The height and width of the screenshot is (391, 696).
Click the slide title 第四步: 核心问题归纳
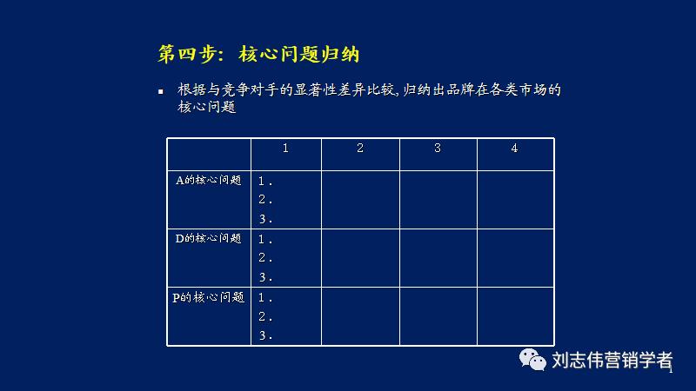tap(258, 54)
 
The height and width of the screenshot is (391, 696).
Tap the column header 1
tap(285, 149)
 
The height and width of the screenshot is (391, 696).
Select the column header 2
tap(360, 149)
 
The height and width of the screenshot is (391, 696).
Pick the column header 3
tap(438, 149)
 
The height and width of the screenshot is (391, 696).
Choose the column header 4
tap(514, 149)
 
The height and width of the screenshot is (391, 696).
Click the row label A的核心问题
tap(209, 181)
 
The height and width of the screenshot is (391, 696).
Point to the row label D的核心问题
tap(209, 238)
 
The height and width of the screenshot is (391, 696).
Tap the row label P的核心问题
tap(209, 297)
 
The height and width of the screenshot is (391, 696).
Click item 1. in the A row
tap(265, 182)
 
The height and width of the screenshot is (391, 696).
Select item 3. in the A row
tap(265, 219)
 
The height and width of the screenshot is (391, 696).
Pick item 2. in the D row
tap(265, 258)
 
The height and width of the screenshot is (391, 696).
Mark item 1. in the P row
tap(265, 298)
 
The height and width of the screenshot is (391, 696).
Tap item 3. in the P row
tap(265, 336)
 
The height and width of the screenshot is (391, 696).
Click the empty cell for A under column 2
tap(360, 200)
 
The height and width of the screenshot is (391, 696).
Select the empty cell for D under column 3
tap(438, 258)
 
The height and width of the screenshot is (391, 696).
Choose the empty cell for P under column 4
tap(514, 316)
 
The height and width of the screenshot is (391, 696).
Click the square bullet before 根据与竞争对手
tap(161, 91)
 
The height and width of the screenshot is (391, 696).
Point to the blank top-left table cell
tap(209, 154)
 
